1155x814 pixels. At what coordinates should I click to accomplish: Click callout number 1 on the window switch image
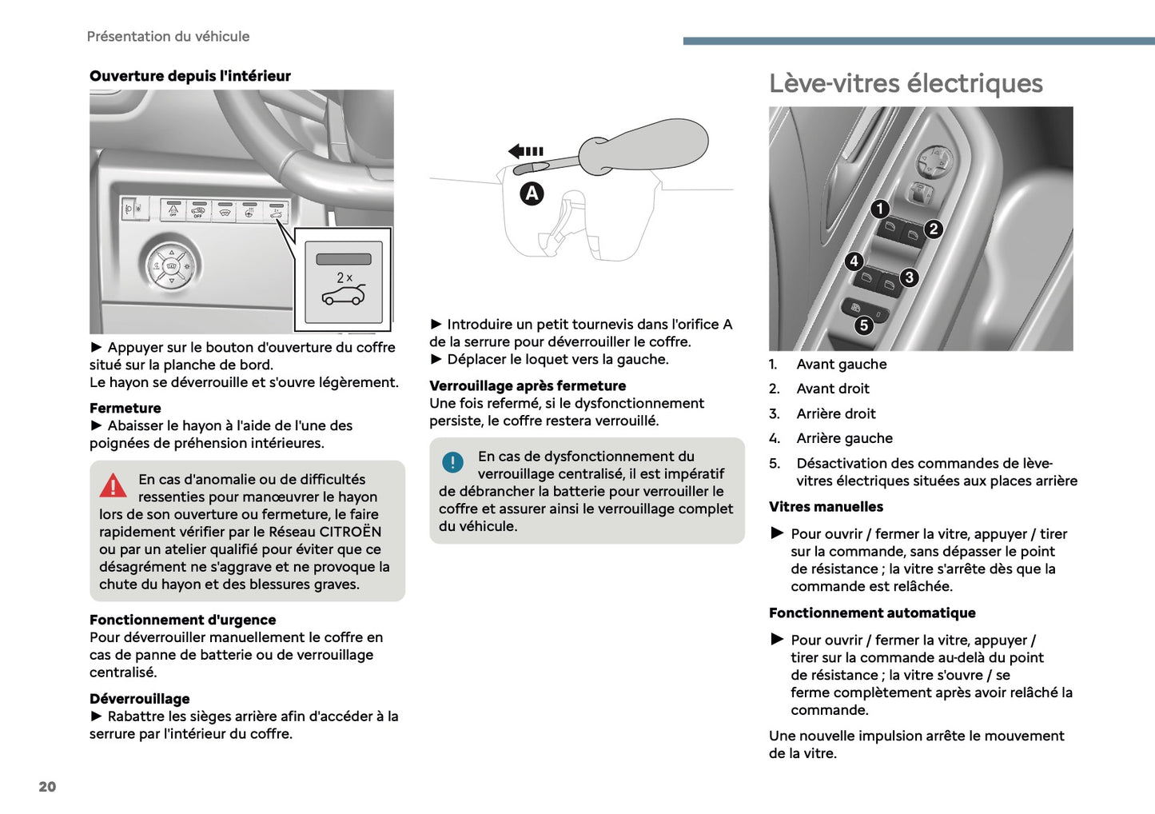point(880,209)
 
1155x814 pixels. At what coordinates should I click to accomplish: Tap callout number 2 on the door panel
point(933,229)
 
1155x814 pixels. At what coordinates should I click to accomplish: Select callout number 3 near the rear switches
point(909,277)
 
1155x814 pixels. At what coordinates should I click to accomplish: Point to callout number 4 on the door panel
point(854,261)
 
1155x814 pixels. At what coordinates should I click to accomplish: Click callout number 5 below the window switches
point(863,325)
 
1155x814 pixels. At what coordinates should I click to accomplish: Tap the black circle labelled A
point(532,194)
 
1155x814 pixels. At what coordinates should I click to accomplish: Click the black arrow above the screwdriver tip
point(526,151)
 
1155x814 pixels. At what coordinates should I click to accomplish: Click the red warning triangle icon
point(114,485)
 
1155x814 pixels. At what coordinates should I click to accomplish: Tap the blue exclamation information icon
point(452,462)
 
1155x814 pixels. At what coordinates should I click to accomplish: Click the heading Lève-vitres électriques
point(906,83)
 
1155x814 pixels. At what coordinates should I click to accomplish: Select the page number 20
point(47,787)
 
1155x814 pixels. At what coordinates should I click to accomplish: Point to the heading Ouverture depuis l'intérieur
point(190,76)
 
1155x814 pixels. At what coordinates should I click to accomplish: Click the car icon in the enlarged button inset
point(344,295)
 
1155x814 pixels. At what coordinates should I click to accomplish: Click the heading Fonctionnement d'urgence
point(183,620)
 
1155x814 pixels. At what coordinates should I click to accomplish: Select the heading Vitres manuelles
point(826,507)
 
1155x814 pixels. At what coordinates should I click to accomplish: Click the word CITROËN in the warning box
point(350,532)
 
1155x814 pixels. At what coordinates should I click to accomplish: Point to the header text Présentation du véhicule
point(168,37)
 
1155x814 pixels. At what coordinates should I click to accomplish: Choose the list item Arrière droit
point(836,413)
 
